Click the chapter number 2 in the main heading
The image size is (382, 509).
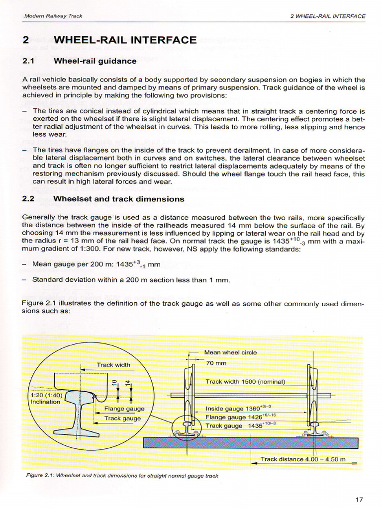[x=26, y=40]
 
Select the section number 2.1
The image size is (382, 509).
[x=29, y=61]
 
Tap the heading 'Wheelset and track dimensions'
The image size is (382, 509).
[x=118, y=199]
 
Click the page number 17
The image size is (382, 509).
[x=360, y=500]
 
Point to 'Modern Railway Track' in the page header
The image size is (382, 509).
[x=53, y=16]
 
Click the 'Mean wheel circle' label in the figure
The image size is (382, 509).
[x=230, y=352]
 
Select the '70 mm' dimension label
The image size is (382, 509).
[x=216, y=363]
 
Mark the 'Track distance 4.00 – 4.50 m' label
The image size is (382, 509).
[x=303, y=459]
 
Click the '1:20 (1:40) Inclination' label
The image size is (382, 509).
[x=46, y=398]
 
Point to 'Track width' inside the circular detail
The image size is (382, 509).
[x=113, y=365]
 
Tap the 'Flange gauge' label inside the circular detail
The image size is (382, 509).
[x=124, y=409]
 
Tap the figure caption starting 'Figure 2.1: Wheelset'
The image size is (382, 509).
[x=122, y=476]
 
